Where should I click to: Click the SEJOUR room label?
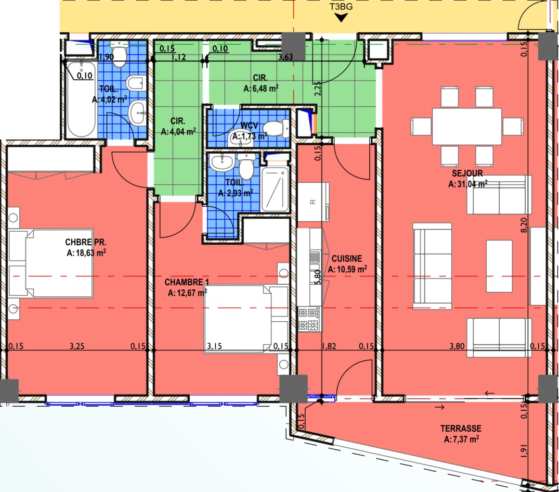pyautogui.click(x=467, y=173)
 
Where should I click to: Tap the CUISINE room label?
pyautogui.click(x=346, y=259)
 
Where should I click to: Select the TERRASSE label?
pyautogui.click(x=461, y=428)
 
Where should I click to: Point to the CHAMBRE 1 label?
pyautogui.click(x=187, y=282)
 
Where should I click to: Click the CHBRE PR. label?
pyautogui.click(x=86, y=242)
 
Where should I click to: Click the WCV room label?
pyautogui.click(x=249, y=125)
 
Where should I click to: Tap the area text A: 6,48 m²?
pyautogui.click(x=261, y=88)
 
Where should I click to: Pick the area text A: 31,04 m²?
pyautogui.click(x=467, y=184)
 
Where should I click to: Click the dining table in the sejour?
pyautogui.click(x=466, y=127)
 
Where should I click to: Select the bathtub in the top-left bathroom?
pyautogui.click(x=82, y=99)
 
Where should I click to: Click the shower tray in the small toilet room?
pyautogui.click(x=275, y=189)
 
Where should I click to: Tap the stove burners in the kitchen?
pyautogui.click(x=308, y=319)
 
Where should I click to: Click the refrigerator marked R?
pyautogui.click(x=313, y=201)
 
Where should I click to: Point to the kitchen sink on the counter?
pyautogui.click(x=315, y=257)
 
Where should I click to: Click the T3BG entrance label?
pyautogui.click(x=341, y=6)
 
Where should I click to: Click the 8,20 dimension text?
pyautogui.click(x=524, y=225)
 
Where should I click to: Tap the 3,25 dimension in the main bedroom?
pyautogui.click(x=77, y=346)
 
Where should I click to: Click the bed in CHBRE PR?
pyautogui.click(x=51, y=263)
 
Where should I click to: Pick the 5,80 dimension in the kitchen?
pyautogui.click(x=318, y=277)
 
